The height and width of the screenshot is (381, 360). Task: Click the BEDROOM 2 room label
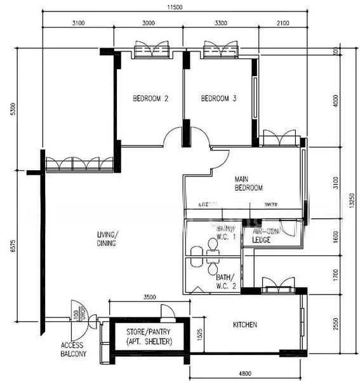[150, 98]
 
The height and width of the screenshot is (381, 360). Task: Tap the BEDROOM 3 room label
[218, 98]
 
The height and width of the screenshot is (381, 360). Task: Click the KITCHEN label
[245, 325]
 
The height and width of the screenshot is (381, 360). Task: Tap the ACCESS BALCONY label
[74, 349]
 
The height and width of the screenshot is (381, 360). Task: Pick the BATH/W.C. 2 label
[225, 281]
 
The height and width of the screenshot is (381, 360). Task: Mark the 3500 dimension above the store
[150, 297]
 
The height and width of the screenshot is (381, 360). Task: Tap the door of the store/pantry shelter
[167, 311]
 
